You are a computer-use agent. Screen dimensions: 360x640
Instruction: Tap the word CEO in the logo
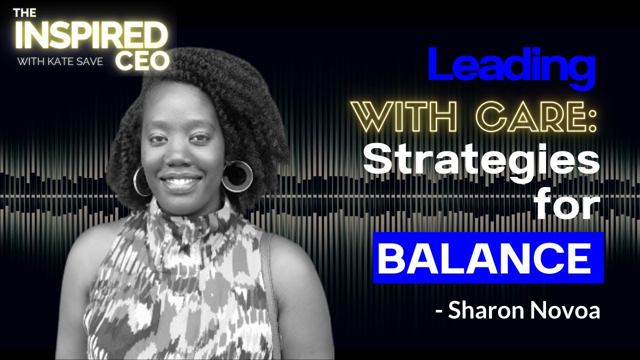tap(143, 60)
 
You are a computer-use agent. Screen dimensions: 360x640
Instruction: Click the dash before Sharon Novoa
tap(439, 311)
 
